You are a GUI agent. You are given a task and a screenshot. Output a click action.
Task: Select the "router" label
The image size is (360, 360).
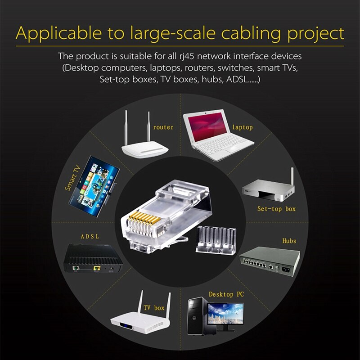point(163,127)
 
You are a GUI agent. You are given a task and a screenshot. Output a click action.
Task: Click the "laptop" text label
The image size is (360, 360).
point(243,127)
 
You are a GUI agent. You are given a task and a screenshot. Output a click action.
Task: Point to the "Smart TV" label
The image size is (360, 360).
point(72,178)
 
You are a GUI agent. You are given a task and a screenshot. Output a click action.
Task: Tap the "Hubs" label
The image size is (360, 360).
point(289,241)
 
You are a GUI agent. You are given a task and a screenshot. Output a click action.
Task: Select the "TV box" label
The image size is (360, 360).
point(154,308)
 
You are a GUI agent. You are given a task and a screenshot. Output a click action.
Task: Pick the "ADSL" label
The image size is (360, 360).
point(90,236)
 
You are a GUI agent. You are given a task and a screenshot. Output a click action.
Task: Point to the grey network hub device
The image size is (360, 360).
point(269,261)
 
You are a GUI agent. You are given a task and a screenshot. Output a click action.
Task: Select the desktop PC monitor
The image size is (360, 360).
point(225,313)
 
